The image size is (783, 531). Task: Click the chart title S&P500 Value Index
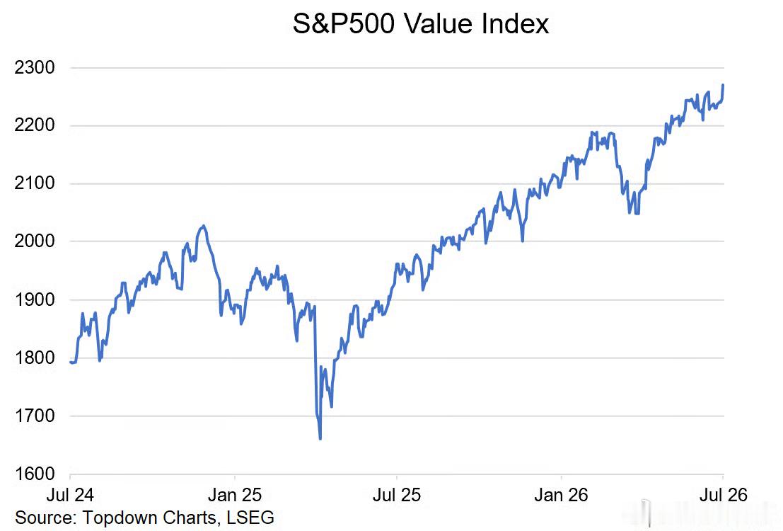(420, 23)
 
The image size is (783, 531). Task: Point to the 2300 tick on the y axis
(35, 67)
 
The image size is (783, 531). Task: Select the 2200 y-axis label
(35, 125)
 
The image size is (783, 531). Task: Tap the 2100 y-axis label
(35, 183)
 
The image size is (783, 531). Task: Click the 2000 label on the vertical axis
(35, 241)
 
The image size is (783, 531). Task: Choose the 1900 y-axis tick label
(35, 299)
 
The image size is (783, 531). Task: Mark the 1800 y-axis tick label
(35, 358)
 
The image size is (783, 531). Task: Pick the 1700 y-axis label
(35, 416)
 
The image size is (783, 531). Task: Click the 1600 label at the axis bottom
(35, 474)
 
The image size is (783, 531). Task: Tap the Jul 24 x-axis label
(70, 495)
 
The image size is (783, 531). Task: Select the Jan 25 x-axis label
(235, 495)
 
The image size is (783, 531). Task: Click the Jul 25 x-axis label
(397, 495)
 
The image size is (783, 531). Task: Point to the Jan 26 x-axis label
(562, 495)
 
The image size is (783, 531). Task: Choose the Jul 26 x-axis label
(724, 495)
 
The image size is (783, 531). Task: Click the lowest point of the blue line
(320, 438)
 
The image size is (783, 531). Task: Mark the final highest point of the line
(723, 85)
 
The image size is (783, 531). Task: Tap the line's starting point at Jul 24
(71, 362)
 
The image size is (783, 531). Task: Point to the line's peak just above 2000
(203, 226)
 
